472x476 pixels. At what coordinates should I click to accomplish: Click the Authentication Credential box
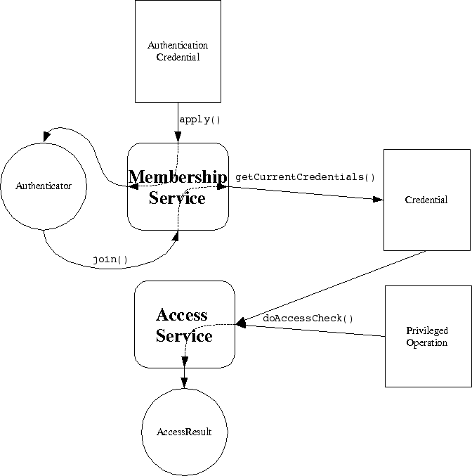coord(178,51)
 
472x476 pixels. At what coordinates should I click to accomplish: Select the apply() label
coord(200,120)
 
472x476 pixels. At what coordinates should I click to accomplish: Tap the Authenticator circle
coord(44,186)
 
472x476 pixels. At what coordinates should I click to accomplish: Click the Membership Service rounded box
coord(178,186)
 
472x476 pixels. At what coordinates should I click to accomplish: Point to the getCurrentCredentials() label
coord(305,176)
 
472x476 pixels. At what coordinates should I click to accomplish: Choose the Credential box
coord(426,200)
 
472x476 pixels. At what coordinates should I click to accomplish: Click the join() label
coord(110,259)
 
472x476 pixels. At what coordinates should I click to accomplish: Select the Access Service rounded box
coord(184,324)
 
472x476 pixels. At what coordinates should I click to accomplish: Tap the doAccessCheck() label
coord(308,319)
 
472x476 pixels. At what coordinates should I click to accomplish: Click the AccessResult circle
coord(184,432)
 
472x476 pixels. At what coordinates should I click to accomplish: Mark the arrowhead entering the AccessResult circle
coord(184,382)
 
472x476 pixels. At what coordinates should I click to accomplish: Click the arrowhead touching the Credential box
coord(378,200)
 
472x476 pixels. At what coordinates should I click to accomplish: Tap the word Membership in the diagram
coord(178,176)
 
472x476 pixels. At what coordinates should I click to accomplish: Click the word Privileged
coord(426,331)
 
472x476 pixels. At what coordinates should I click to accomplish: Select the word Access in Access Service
coord(182,314)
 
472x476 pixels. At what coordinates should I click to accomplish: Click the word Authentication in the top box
coord(178,46)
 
